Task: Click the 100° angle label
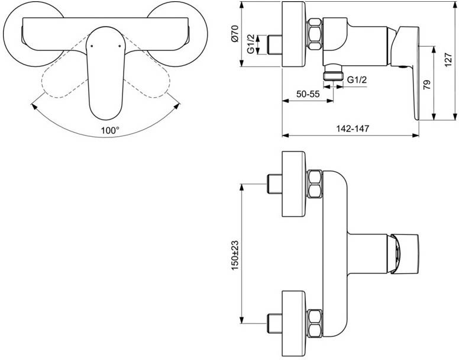pos(110,130)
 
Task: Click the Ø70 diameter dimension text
pos(235,34)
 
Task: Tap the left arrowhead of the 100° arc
pos(33,105)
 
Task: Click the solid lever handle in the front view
pos(104,77)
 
